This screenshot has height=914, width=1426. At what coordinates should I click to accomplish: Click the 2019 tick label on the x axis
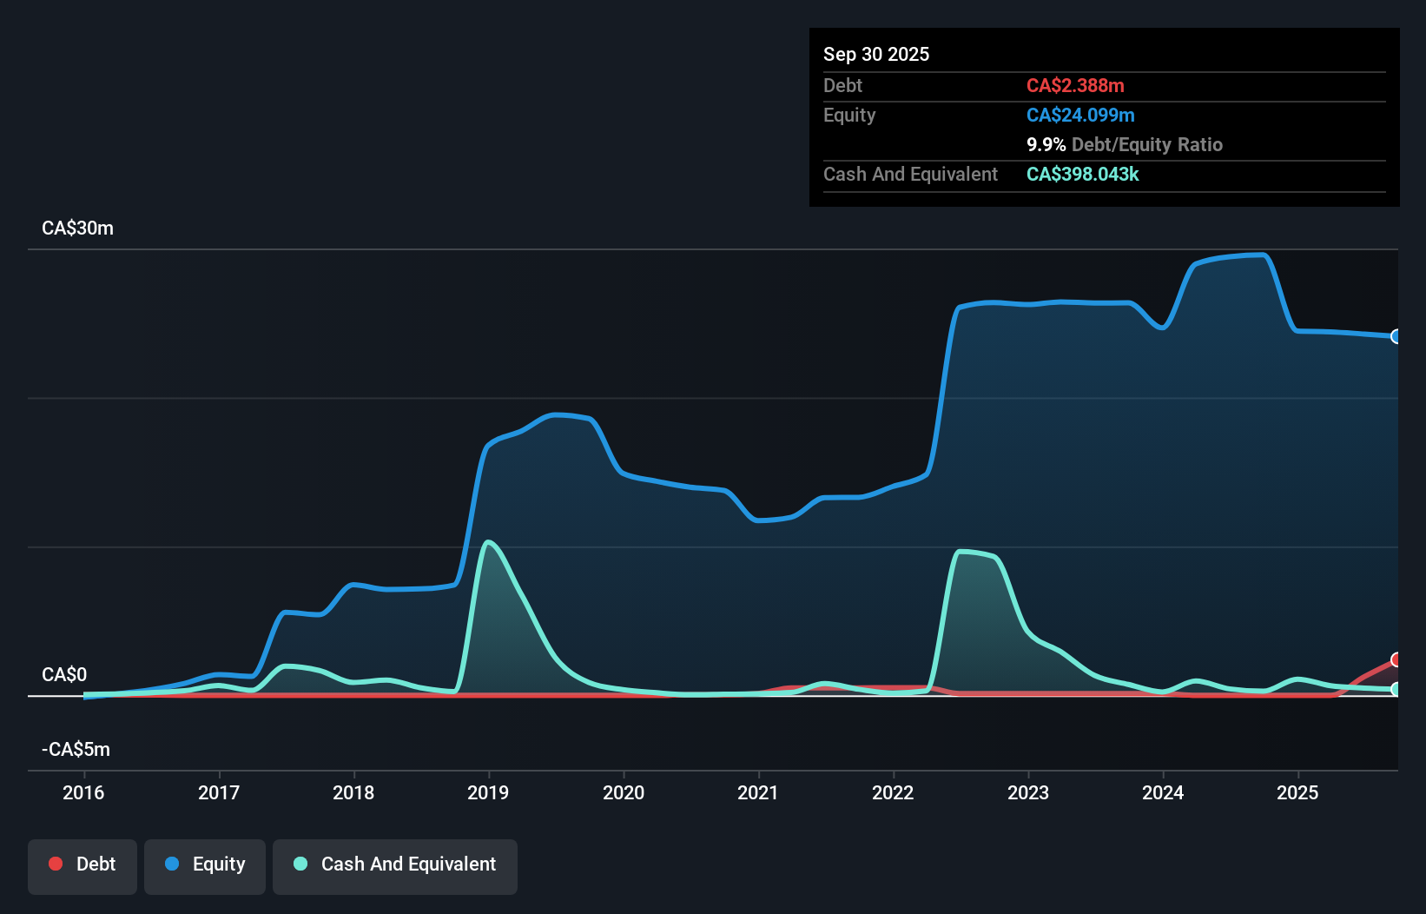(488, 792)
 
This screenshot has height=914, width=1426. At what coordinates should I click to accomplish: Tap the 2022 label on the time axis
(893, 792)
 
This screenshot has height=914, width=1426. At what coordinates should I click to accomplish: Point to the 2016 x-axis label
(83, 792)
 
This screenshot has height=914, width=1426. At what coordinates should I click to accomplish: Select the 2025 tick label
(1297, 792)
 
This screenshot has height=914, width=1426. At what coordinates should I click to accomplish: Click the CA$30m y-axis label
(77, 228)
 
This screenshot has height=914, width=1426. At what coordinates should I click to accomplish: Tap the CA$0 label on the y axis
(64, 674)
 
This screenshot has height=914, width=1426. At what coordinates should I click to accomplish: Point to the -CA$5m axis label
(76, 749)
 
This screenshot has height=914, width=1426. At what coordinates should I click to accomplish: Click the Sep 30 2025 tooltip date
(876, 54)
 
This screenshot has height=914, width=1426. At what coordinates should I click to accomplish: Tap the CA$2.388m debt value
(1075, 85)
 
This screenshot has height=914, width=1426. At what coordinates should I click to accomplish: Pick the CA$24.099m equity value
(1080, 115)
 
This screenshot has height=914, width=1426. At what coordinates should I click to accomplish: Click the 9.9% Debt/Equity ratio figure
(1046, 144)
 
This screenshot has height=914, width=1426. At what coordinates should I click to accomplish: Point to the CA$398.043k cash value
(1082, 174)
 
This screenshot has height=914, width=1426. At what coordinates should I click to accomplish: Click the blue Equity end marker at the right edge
(1396, 336)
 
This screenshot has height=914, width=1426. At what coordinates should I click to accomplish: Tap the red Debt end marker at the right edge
(1396, 659)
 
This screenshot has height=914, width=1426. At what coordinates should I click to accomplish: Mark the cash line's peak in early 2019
(489, 542)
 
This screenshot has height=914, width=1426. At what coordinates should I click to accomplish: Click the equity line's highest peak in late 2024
(1262, 255)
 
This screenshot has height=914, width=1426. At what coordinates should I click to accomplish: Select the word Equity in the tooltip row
(849, 115)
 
